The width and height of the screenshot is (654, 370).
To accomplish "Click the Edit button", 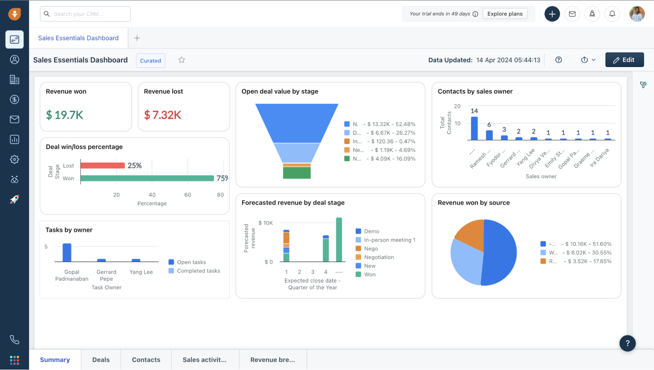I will (x=624, y=60).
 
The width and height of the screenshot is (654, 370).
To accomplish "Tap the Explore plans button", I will (x=505, y=14).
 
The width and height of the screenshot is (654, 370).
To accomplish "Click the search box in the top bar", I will (x=85, y=14).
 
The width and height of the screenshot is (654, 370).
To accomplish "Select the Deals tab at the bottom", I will (x=101, y=360).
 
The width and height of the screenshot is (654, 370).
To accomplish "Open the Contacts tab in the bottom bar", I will (x=146, y=360).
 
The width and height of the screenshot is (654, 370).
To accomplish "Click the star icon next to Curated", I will (x=182, y=60).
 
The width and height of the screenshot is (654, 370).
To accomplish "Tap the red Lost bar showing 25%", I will (x=102, y=166).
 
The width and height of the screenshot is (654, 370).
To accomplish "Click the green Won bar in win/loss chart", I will (x=147, y=178).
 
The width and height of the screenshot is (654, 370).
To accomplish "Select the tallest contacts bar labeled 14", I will (x=474, y=128).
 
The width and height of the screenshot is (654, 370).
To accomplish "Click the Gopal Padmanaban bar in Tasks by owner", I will (x=67, y=253).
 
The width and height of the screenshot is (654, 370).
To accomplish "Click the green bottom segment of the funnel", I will (x=297, y=173).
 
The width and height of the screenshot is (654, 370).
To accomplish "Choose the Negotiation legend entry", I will (x=379, y=257).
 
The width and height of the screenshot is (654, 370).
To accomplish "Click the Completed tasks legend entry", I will (x=198, y=271).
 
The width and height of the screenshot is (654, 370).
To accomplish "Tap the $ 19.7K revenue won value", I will (x=65, y=115).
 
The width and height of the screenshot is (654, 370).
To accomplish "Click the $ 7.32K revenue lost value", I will (x=163, y=115).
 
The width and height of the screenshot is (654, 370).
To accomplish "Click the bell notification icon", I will (x=612, y=14).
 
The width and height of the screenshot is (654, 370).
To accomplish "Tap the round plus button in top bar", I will (x=552, y=14).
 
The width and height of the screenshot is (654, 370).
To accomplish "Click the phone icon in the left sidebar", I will (x=14, y=340).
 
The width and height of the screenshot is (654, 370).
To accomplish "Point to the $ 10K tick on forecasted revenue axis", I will (x=265, y=223).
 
